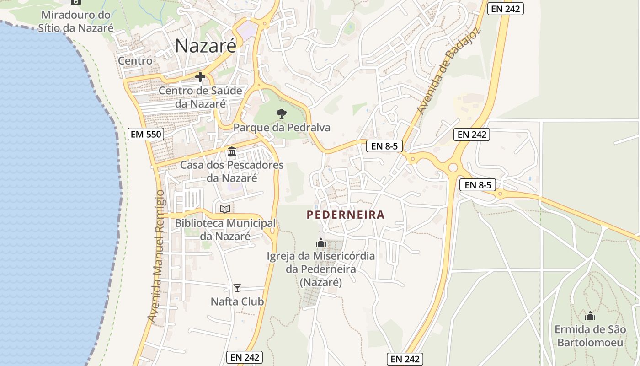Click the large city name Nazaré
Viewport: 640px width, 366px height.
click(206, 45)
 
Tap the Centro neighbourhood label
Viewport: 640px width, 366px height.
click(135, 60)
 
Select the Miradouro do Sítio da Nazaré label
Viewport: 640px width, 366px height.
click(75, 22)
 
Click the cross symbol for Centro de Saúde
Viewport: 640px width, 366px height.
click(200, 77)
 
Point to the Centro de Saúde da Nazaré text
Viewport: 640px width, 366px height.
click(200, 97)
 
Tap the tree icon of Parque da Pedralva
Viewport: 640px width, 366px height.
click(282, 113)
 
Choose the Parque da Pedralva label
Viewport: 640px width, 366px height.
click(282, 128)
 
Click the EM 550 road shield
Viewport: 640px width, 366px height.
click(146, 134)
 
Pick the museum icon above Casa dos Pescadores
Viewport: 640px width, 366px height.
click(232, 151)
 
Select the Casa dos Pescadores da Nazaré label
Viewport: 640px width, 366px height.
click(232, 171)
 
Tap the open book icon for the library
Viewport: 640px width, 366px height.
click(225, 209)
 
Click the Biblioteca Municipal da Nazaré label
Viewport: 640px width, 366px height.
click(225, 230)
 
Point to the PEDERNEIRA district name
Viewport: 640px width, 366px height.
click(346, 215)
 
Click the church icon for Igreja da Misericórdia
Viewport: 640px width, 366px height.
click(321, 242)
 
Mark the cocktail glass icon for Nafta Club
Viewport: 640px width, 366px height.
click(237, 288)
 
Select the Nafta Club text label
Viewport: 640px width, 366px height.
click(237, 302)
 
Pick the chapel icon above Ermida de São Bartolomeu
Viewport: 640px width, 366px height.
click(590, 316)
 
